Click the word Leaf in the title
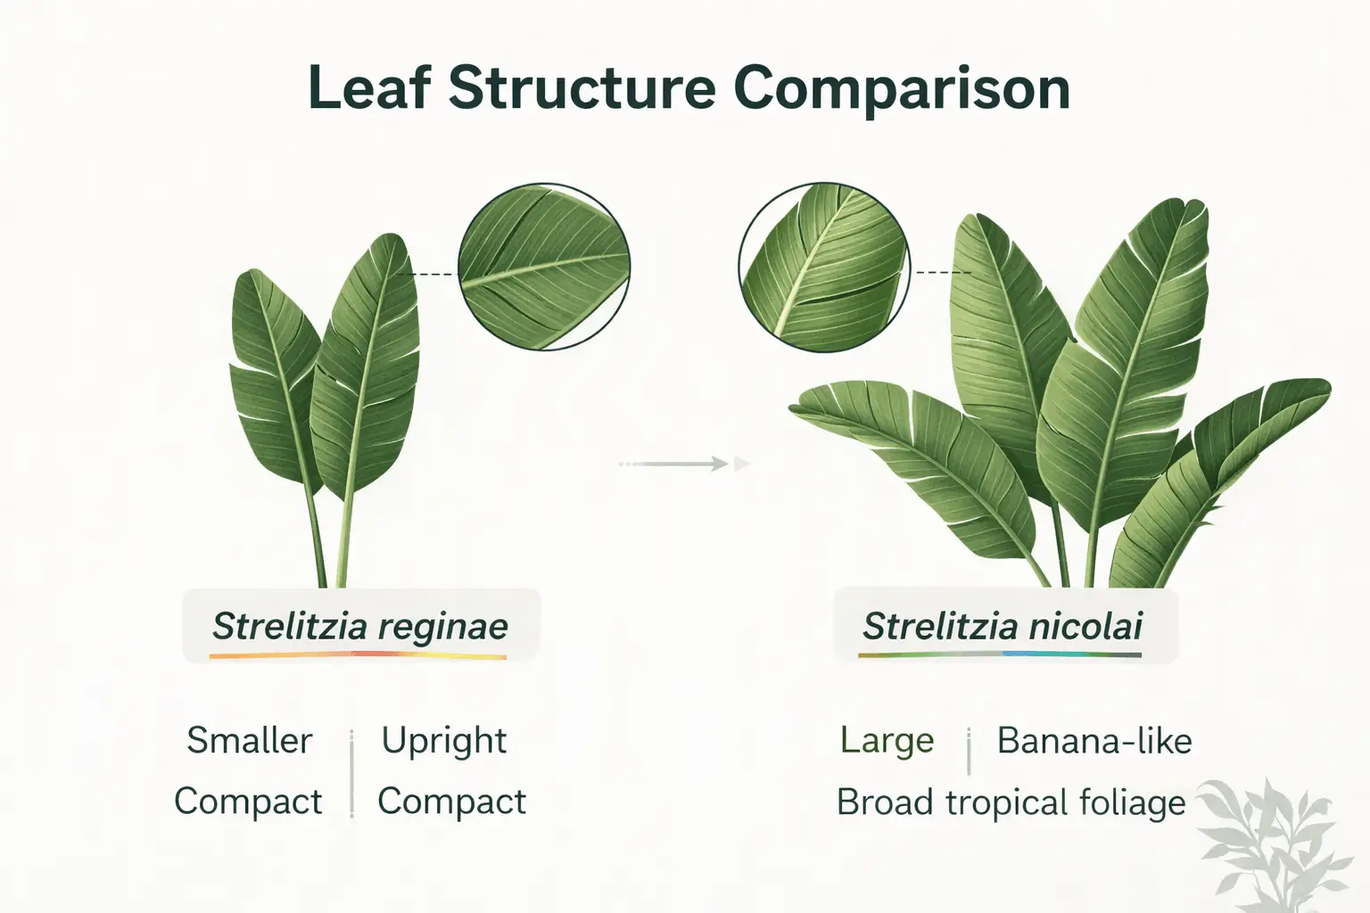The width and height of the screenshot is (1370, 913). pos(367,89)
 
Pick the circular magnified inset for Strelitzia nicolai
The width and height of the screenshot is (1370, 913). pos(824,266)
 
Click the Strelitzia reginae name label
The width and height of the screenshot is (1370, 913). pos(360,626)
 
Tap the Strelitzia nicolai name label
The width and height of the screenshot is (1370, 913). pos(1003,626)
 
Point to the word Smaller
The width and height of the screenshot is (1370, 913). pos(250,741)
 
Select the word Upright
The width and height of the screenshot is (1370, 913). pos(444,741)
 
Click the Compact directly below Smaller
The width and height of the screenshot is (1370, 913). pos(248,802)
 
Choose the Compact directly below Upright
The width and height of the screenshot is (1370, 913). pos(451,802)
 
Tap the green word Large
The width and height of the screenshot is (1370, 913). pos(887,741)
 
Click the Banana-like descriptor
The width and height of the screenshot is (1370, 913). pos(1094,741)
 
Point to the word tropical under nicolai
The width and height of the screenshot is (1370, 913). pos(1005,802)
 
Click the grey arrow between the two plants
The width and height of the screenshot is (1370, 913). pos(684,464)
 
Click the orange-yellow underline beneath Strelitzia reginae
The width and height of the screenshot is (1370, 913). pos(358,656)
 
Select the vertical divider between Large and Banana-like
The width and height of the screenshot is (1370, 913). pos(969,751)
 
